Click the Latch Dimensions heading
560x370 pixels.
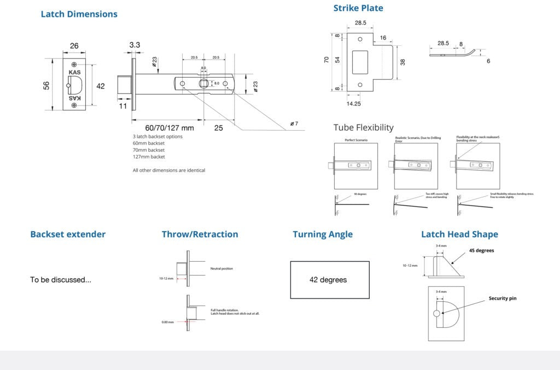pyautogui.click(x=79, y=14)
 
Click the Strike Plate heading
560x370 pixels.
pyautogui.click(x=358, y=8)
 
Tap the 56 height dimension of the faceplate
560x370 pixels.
pyautogui.click(x=46, y=85)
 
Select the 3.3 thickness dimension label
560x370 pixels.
pyautogui.click(x=135, y=44)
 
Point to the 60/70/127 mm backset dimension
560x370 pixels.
pyautogui.click(x=170, y=128)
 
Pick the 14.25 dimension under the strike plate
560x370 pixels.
pyautogui.click(x=353, y=103)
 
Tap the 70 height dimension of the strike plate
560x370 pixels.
pyautogui.click(x=326, y=60)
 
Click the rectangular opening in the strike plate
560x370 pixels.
pyautogui.click(x=360, y=62)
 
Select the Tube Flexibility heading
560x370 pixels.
pyautogui.click(x=363, y=127)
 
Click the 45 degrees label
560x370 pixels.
pyautogui.click(x=481, y=251)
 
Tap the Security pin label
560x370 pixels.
pyautogui.click(x=502, y=298)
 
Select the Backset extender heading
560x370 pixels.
pyautogui.click(x=68, y=234)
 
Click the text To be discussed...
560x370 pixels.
pyautogui.click(x=61, y=280)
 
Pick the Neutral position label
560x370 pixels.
pyautogui.click(x=221, y=269)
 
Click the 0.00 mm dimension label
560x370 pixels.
pyautogui.click(x=167, y=322)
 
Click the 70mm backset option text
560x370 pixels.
pyautogui.click(x=148, y=150)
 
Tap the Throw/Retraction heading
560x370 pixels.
pyautogui.click(x=200, y=234)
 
